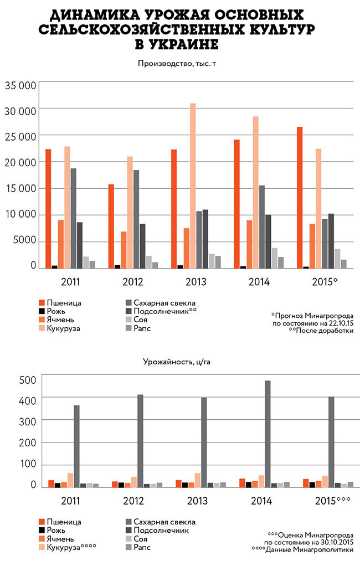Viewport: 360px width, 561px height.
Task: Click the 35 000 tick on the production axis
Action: [21, 85]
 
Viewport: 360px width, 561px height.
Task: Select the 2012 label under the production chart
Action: [132, 282]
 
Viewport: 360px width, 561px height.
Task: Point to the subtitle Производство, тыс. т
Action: [177, 63]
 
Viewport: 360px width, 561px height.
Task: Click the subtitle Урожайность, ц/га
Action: [177, 362]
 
